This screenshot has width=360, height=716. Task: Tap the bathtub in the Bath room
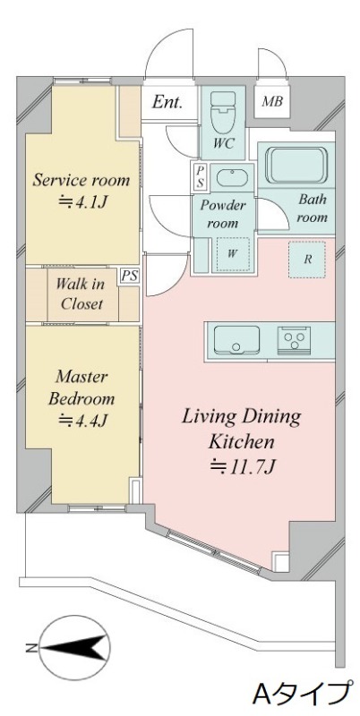click(x=296, y=165)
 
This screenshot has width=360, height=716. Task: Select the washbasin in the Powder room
click(x=233, y=177)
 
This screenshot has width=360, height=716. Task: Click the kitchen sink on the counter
click(x=236, y=339)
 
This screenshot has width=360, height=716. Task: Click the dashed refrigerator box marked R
click(x=307, y=260)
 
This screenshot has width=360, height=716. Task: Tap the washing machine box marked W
click(x=233, y=254)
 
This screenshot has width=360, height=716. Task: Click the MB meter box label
click(x=272, y=101)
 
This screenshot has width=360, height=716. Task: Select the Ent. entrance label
click(x=167, y=102)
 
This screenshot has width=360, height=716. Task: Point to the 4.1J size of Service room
click(x=82, y=201)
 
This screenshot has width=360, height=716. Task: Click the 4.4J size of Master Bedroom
click(x=82, y=420)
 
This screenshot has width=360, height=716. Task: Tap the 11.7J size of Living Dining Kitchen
click(x=243, y=466)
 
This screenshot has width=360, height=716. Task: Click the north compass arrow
click(x=73, y=647)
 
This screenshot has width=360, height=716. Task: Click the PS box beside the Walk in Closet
click(x=128, y=277)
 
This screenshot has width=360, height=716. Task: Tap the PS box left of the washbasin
click(x=200, y=176)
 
